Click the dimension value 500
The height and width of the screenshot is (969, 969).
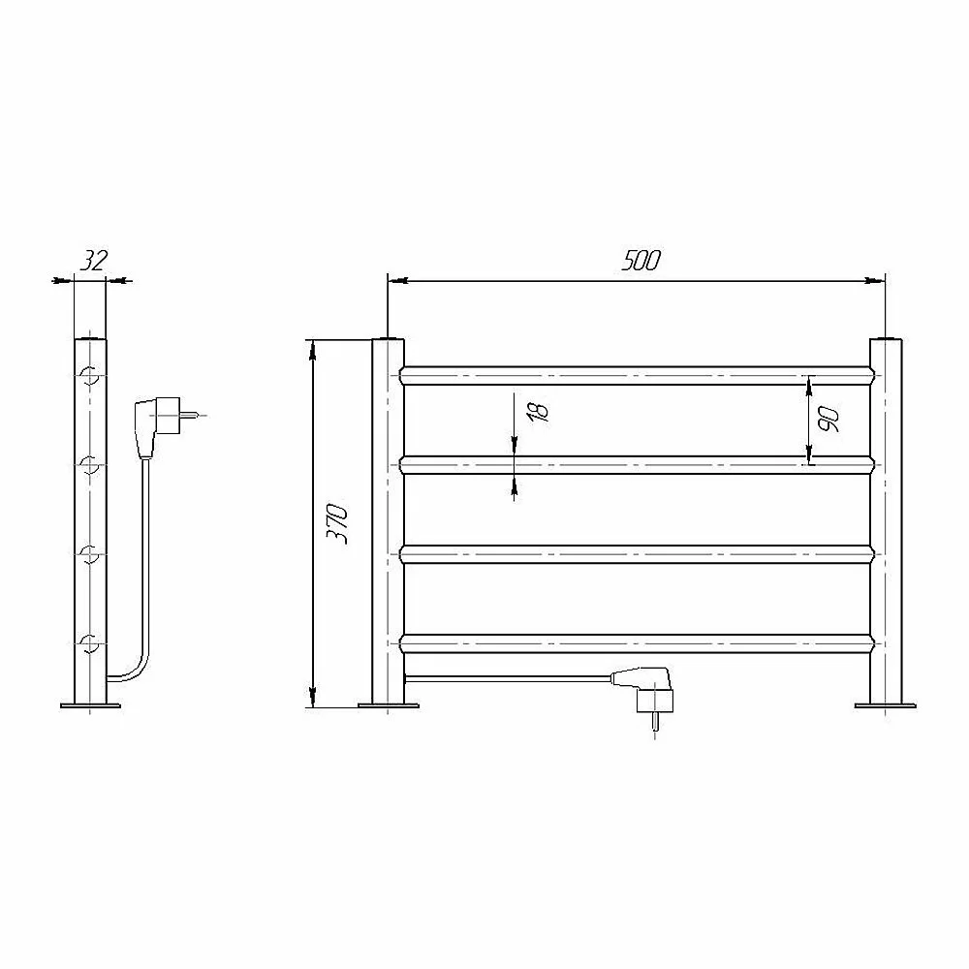641,261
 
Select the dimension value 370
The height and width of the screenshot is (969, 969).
337,523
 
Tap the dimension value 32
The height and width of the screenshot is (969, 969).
93,261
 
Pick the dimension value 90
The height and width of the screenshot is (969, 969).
828,420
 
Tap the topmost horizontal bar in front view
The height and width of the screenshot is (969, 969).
638,375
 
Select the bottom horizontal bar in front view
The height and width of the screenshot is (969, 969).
638,643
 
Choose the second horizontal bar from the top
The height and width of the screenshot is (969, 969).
638,465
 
